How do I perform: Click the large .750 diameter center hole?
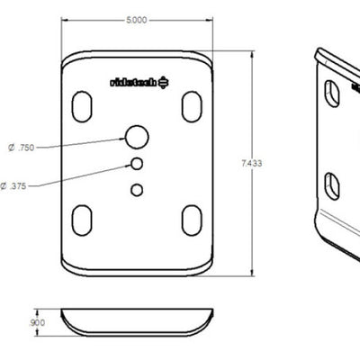click(138, 137)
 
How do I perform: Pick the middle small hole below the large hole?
click(138, 164)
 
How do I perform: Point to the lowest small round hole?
click(137, 189)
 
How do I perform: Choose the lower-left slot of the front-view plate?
click(82, 218)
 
